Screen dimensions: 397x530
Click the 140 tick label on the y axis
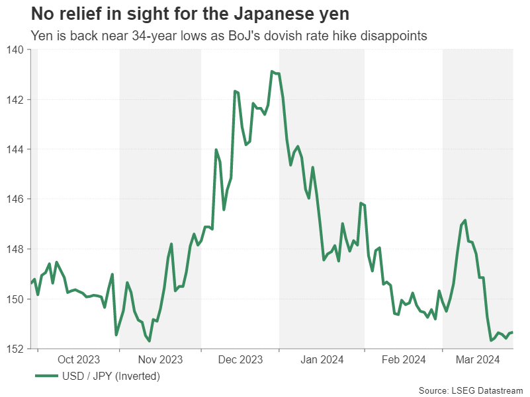point(15,50)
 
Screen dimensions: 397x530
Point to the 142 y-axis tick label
point(15,100)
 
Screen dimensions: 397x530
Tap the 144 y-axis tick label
point(15,149)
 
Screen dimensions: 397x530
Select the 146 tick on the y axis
point(15,199)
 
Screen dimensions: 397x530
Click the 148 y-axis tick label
point(15,249)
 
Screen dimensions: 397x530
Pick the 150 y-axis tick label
point(15,299)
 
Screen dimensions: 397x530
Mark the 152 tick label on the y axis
point(15,348)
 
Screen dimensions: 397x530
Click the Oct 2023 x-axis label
point(79,359)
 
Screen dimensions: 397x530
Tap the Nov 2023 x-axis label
point(161,359)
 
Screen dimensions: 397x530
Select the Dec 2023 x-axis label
point(240,359)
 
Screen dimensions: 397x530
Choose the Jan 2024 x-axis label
point(322,359)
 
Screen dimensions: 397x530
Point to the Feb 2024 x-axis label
point(404,359)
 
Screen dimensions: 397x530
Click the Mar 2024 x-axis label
point(478,359)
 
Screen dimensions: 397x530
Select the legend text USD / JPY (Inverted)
point(111,377)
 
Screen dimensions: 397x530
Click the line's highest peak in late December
point(272,71)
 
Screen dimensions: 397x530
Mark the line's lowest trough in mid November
point(150,341)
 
